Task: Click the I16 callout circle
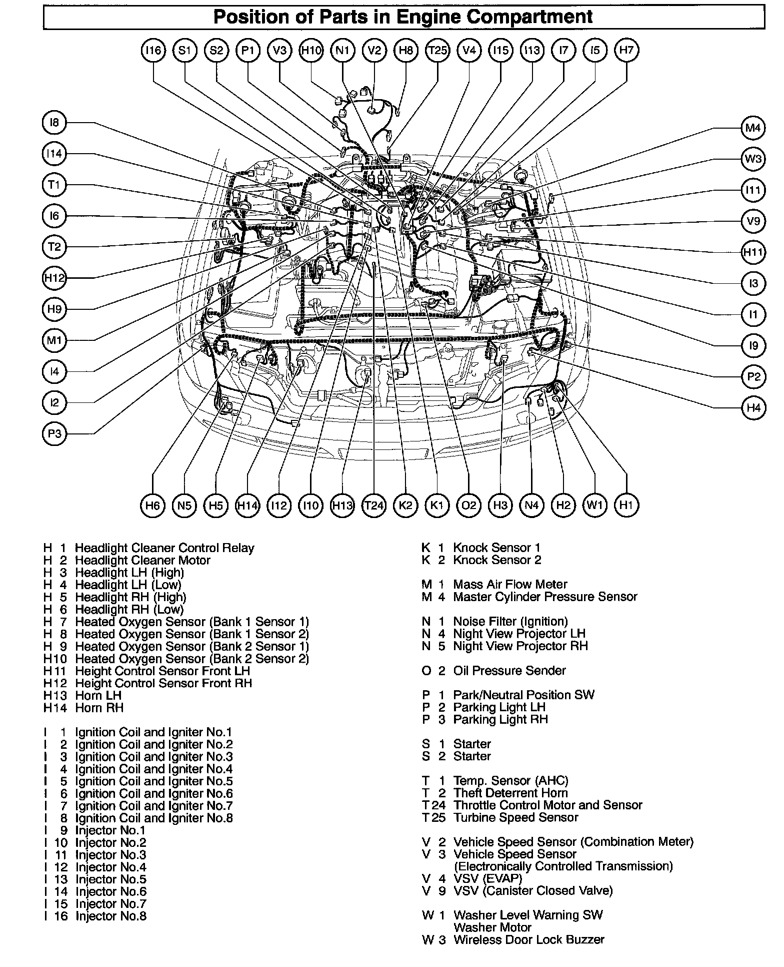[153, 50]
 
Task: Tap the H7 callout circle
[626, 50]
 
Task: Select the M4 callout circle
[753, 128]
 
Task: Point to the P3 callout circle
[54, 433]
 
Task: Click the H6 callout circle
[153, 506]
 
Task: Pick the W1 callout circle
[595, 506]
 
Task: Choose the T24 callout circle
[374, 506]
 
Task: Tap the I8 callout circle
[54, 123]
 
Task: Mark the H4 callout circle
[753, 408]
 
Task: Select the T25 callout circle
[437, 50]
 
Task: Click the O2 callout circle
[468, 506]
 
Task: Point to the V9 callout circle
[753, 221]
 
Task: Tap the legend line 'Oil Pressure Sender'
[509, 671]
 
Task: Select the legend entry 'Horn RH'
[99, 708]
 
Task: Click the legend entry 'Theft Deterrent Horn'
[510, 793]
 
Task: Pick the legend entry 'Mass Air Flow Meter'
[510, 584]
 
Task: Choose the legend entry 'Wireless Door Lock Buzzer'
[528, 940]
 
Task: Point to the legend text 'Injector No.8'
[110, 916]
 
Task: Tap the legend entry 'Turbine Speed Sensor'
[515, 817]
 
